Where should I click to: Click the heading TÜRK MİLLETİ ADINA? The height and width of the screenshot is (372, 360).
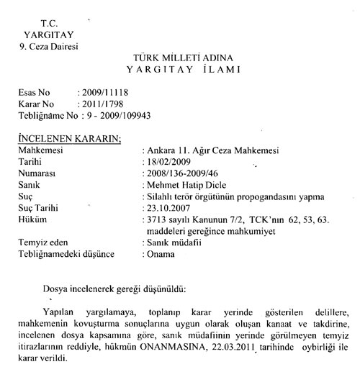click(x=179, y=56)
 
